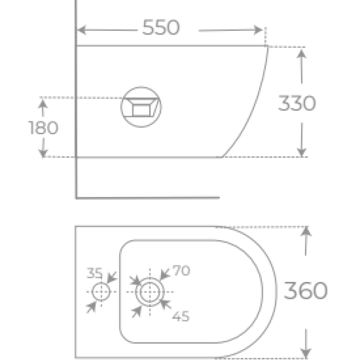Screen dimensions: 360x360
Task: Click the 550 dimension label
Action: (160, 27)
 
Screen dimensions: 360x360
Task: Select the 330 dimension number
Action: (297, 103)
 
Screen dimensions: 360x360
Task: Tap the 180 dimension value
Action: (43, 128)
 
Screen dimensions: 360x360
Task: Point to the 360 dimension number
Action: (305, 291)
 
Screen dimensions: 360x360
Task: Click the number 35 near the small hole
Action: (94, 273)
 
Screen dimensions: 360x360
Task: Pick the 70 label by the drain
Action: (181, 270)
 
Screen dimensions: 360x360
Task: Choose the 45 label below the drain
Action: (181, 316)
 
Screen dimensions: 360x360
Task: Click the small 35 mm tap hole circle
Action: (101, 292)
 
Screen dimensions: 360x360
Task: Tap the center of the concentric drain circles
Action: (150, 292)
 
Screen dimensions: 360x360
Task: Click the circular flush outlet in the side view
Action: (141, 107)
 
